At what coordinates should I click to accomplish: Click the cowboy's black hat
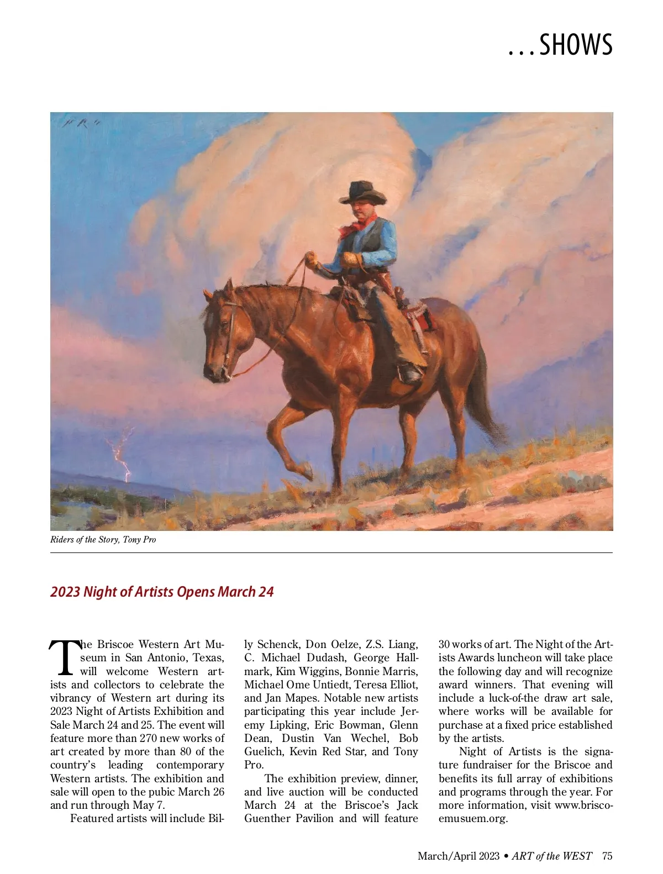click(x=363, y=192)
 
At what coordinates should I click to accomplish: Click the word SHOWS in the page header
click(x=576, y=45)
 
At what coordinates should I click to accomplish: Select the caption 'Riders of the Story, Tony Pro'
click(x=103, y=540)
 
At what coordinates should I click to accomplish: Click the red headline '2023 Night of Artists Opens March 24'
click(x=162, y=592)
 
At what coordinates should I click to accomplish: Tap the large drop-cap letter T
click(x=65, y=658)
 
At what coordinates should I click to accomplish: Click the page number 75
click(x=607, y=856)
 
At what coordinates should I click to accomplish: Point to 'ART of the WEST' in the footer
click(x=551, y=856)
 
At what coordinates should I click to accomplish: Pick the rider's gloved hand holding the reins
click(x=350, y=260)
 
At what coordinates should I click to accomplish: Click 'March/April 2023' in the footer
click(x=458, y=856)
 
